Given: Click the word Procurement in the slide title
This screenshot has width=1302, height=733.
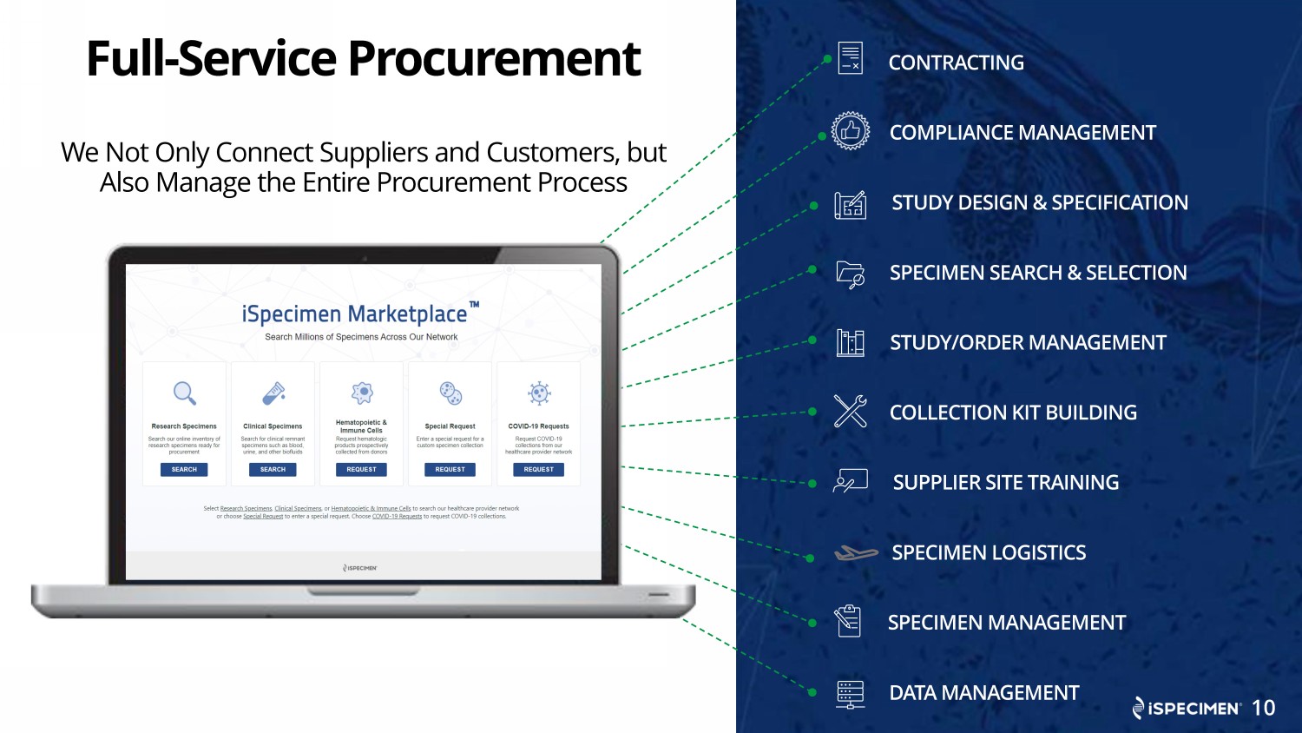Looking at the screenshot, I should point(494,59).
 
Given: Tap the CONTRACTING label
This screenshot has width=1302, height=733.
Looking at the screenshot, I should point(956,63).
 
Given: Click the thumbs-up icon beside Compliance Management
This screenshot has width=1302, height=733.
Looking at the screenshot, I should point(851,131).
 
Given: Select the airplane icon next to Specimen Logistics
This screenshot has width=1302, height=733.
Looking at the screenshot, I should point(856,552).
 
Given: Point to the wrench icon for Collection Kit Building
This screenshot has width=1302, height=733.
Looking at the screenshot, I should point(851,411).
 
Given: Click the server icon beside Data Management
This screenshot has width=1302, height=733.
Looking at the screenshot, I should point(851,694).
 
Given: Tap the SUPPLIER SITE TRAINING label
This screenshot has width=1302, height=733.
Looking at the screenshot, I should point(1005,483).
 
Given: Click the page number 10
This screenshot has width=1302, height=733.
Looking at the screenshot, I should point(1263,708).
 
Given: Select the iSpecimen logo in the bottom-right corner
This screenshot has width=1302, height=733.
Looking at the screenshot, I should point(1187,709).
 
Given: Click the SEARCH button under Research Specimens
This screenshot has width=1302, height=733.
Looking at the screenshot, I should point(184,470).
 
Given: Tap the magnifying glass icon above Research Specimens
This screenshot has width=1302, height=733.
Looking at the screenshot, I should point(184,393).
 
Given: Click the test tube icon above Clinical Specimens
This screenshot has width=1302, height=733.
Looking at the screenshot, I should point(273,393).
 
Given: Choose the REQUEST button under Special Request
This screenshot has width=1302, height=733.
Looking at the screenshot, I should point(450,470).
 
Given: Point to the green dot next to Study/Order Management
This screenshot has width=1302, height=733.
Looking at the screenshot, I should point(812,340).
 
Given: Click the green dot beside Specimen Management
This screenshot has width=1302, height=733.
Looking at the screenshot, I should point(812,623).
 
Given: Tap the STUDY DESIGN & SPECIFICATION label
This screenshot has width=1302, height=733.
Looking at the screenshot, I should point(1040,203).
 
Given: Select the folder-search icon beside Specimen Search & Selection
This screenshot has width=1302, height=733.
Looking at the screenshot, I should point(851,274).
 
